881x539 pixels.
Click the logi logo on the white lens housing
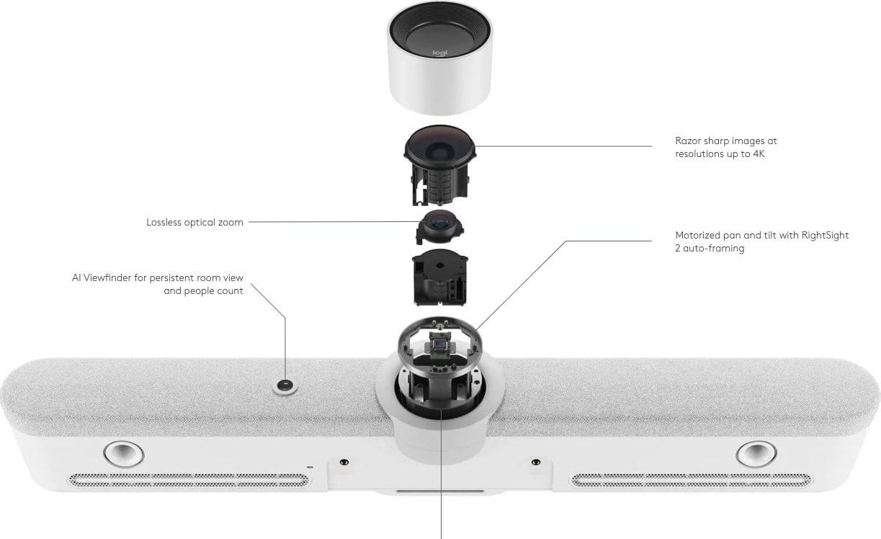pos(440,53)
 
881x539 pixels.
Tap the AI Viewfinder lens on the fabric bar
pos(285,386)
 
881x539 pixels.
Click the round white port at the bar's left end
pos(124,454)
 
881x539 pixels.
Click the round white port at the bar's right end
pos(756,454)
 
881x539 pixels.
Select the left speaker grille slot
pos(189,481)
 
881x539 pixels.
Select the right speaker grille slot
pos(692,481)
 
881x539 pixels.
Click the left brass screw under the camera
pos(344,461)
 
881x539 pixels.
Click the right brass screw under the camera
pos(535,461)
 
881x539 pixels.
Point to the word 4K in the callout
pos(759,153)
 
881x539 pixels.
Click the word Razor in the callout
pos(687,141)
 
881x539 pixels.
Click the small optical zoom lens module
pos(439,227)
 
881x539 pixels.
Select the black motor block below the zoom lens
pos(440,277)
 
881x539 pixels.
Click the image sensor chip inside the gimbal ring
pos(439,345)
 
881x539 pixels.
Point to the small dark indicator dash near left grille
pos(310,467)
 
